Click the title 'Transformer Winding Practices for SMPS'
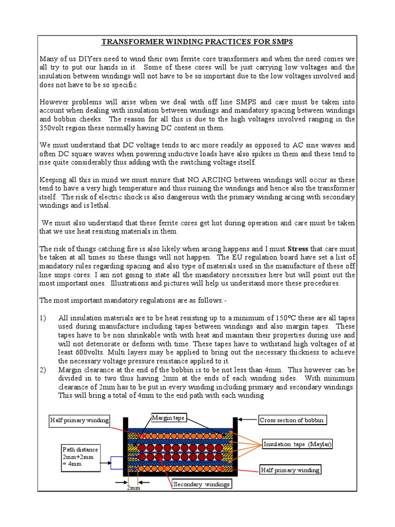point(197,42)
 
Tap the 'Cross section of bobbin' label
point(291,420)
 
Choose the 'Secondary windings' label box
point(202,484)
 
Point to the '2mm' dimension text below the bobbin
point(133,488)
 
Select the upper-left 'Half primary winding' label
point(80,420)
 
